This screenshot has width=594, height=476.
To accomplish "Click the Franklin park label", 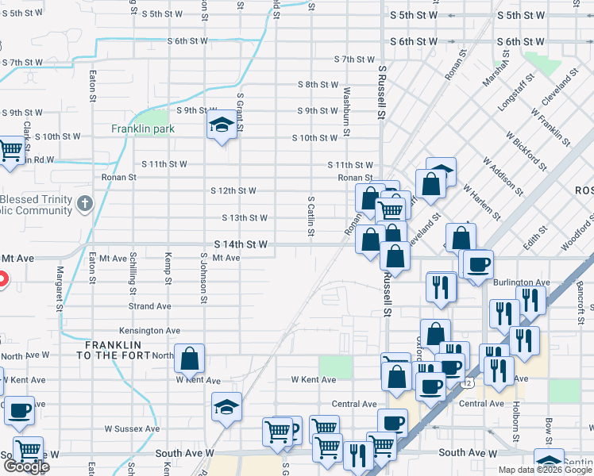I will point(143,129).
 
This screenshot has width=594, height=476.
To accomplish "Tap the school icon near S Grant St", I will point(222,125).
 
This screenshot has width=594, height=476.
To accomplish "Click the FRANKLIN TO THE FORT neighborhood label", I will point(114,350).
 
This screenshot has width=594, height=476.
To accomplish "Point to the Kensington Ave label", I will point(150,330).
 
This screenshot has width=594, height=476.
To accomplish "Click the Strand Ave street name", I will point(150,305).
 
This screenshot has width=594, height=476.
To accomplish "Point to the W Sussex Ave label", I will point(133,428).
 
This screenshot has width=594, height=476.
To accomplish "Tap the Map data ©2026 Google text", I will point(545,470).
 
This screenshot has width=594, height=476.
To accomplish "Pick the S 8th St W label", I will point(318,84).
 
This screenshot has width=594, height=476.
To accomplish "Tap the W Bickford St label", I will point(525,152).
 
